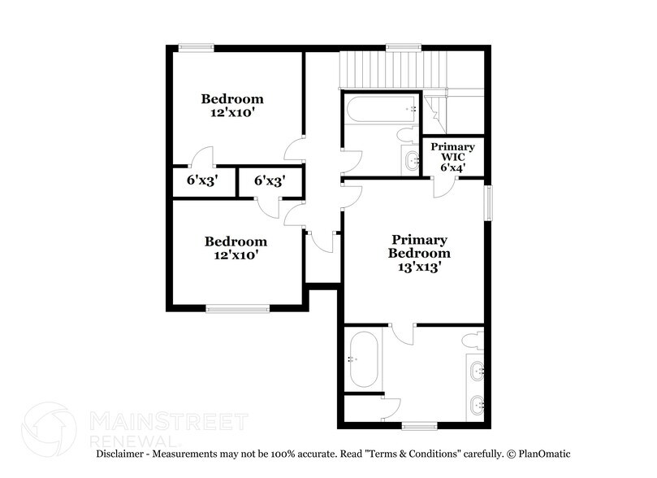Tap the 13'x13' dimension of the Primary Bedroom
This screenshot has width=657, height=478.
click(x=420, y=265)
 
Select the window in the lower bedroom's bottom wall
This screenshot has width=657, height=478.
click(x=237, y=307)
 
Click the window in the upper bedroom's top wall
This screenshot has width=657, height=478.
click(x=196, y=47)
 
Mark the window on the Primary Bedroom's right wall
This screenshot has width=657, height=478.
click(x=490, y=202)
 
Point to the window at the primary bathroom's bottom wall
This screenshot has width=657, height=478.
click(x=419, y=425)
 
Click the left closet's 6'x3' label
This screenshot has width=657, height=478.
click(x=200, y=181)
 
